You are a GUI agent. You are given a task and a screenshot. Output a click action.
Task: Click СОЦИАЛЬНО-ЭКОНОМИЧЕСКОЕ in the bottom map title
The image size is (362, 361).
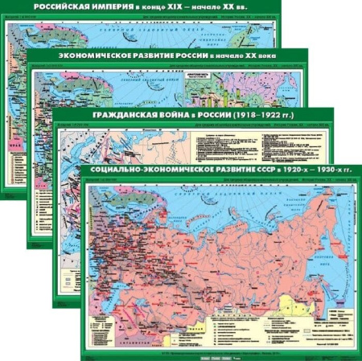(152, 173)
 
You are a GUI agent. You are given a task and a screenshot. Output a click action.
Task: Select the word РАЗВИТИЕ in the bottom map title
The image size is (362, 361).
(237, 173)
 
